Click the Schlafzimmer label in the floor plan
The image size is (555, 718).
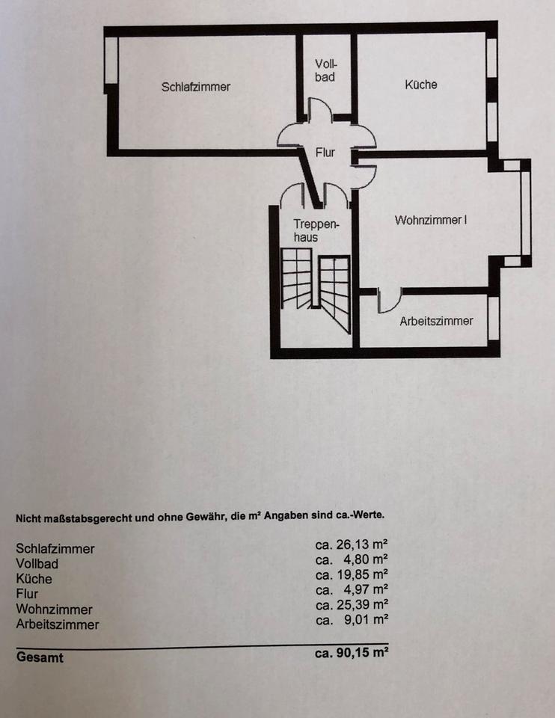pyautogui.click(x=196, y=87)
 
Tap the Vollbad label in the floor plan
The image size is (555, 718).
pyautogui.click(x=325, y=71)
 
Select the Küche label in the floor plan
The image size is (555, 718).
pyautogui.click(x=421, y=85)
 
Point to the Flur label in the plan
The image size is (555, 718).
pyautogui.click(x=325, y=153)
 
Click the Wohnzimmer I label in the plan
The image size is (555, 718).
pyautogui.click(x=431, y=221)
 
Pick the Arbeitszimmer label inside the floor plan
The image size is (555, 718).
pyautogui.click(x=436, y=321)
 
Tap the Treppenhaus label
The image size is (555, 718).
pyautogui.click(x=316, y=230)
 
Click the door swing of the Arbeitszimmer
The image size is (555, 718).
pyautogui.click(x=388, y=301)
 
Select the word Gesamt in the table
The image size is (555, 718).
pyautogui.click(x=40, y=658)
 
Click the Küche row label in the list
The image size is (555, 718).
pyautogui.click(x=34, y=579)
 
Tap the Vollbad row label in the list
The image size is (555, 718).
pyautogui.click(x=37, y=564)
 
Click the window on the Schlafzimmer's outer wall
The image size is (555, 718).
pyautogui.click(x=111, y=60)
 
